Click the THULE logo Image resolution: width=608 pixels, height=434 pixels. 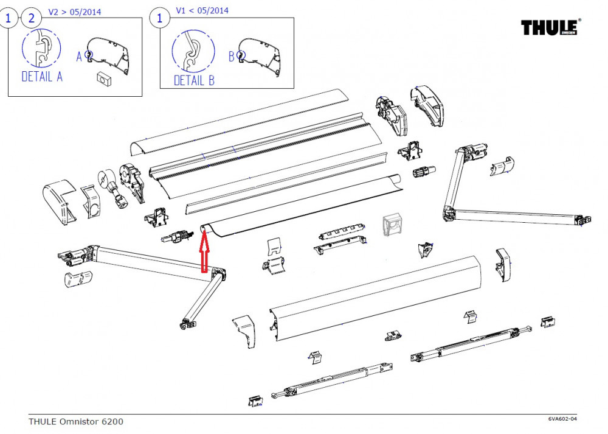[x=551, y=28]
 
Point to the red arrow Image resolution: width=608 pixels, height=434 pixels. [x=204, y=251]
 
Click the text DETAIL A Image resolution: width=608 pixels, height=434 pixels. [x=42, y=77]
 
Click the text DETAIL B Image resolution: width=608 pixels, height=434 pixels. [x=194, y=80]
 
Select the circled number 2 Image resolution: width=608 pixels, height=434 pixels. [x=31, y=18]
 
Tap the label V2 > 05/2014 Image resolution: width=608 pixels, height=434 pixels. [x=75, y=12]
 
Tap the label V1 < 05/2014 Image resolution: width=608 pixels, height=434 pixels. [x=202, y=10]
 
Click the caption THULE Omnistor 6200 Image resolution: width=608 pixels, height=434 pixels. [x=75, y=421]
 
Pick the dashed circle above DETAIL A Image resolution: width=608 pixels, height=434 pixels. [x=41, y=48]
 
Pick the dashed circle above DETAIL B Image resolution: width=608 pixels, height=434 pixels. [x=193, y=51]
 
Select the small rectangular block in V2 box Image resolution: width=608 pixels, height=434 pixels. [x=102, y=77]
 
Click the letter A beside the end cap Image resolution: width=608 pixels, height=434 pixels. [x=79, y=57]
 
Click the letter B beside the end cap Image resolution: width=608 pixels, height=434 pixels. [x=231, y=57]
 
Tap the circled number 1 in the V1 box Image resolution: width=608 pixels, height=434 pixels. [x=160, y=18]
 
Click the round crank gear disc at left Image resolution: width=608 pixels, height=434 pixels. [x=105, y=181]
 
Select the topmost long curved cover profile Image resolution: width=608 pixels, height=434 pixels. [x=243, y=121]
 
